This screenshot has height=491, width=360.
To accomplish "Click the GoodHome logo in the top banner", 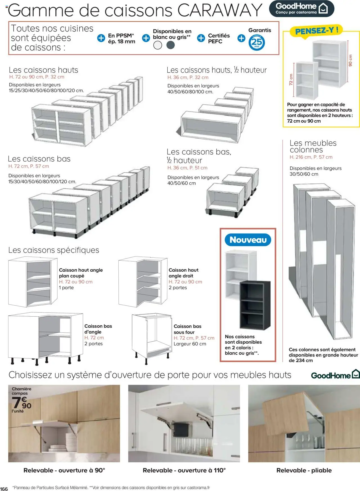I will click(301, 8).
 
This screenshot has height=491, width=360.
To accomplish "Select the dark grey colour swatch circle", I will click(170, 45).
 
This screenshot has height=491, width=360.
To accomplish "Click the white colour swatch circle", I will click(158, 45).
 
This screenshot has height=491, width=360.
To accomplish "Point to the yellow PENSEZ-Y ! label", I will click(316, 31).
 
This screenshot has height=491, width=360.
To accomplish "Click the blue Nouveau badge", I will click(248, 240).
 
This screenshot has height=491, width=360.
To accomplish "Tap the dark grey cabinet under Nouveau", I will click(255, 305).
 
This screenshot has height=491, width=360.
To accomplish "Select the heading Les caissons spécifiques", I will click(54, 250).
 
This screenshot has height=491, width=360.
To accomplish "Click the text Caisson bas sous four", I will click(187, 329).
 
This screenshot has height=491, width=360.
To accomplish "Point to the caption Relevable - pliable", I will click(304, 470).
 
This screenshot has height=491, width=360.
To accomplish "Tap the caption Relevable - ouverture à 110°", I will click(184, 470).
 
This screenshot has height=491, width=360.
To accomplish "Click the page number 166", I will click(4, 489).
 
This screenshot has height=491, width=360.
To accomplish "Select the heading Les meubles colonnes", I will click(313, 146).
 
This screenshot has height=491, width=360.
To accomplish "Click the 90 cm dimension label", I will click(350, 60).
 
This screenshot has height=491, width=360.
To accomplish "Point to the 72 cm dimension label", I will click(291, 80).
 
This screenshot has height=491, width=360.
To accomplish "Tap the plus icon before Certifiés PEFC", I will click(201, 38).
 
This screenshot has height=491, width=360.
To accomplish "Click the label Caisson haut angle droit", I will click(183, 273).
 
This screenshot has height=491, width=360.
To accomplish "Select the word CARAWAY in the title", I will click(220, 10).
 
